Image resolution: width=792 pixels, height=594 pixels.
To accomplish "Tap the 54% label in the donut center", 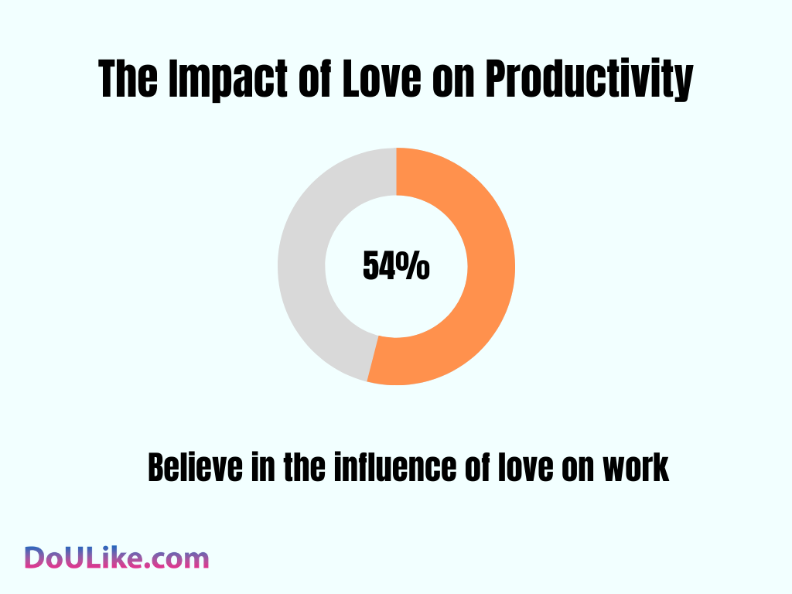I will point(396,267).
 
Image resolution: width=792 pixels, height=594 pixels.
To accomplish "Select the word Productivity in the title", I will point(589,81).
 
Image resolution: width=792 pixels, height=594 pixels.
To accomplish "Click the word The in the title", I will point(128,80).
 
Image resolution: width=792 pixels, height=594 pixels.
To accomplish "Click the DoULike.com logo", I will point(116,558).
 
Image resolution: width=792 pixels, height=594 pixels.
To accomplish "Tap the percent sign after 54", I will point(415,267).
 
